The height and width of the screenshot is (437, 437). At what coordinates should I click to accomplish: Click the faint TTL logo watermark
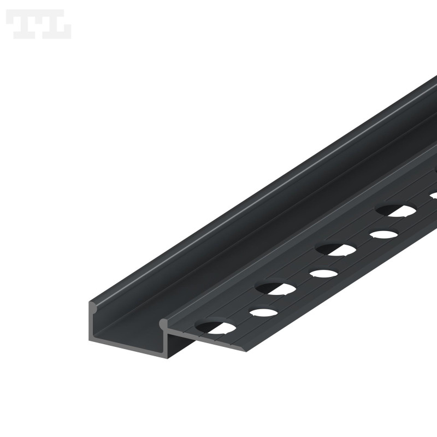38,24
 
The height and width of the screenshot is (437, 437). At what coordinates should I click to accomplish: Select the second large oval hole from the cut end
276,287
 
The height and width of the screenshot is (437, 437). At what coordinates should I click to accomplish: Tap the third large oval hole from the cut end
335,249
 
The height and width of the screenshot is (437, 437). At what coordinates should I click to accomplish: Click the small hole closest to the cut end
264,313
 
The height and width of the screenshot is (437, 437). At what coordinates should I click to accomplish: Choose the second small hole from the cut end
323,273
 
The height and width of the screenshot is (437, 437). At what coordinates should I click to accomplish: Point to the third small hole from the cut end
383,234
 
